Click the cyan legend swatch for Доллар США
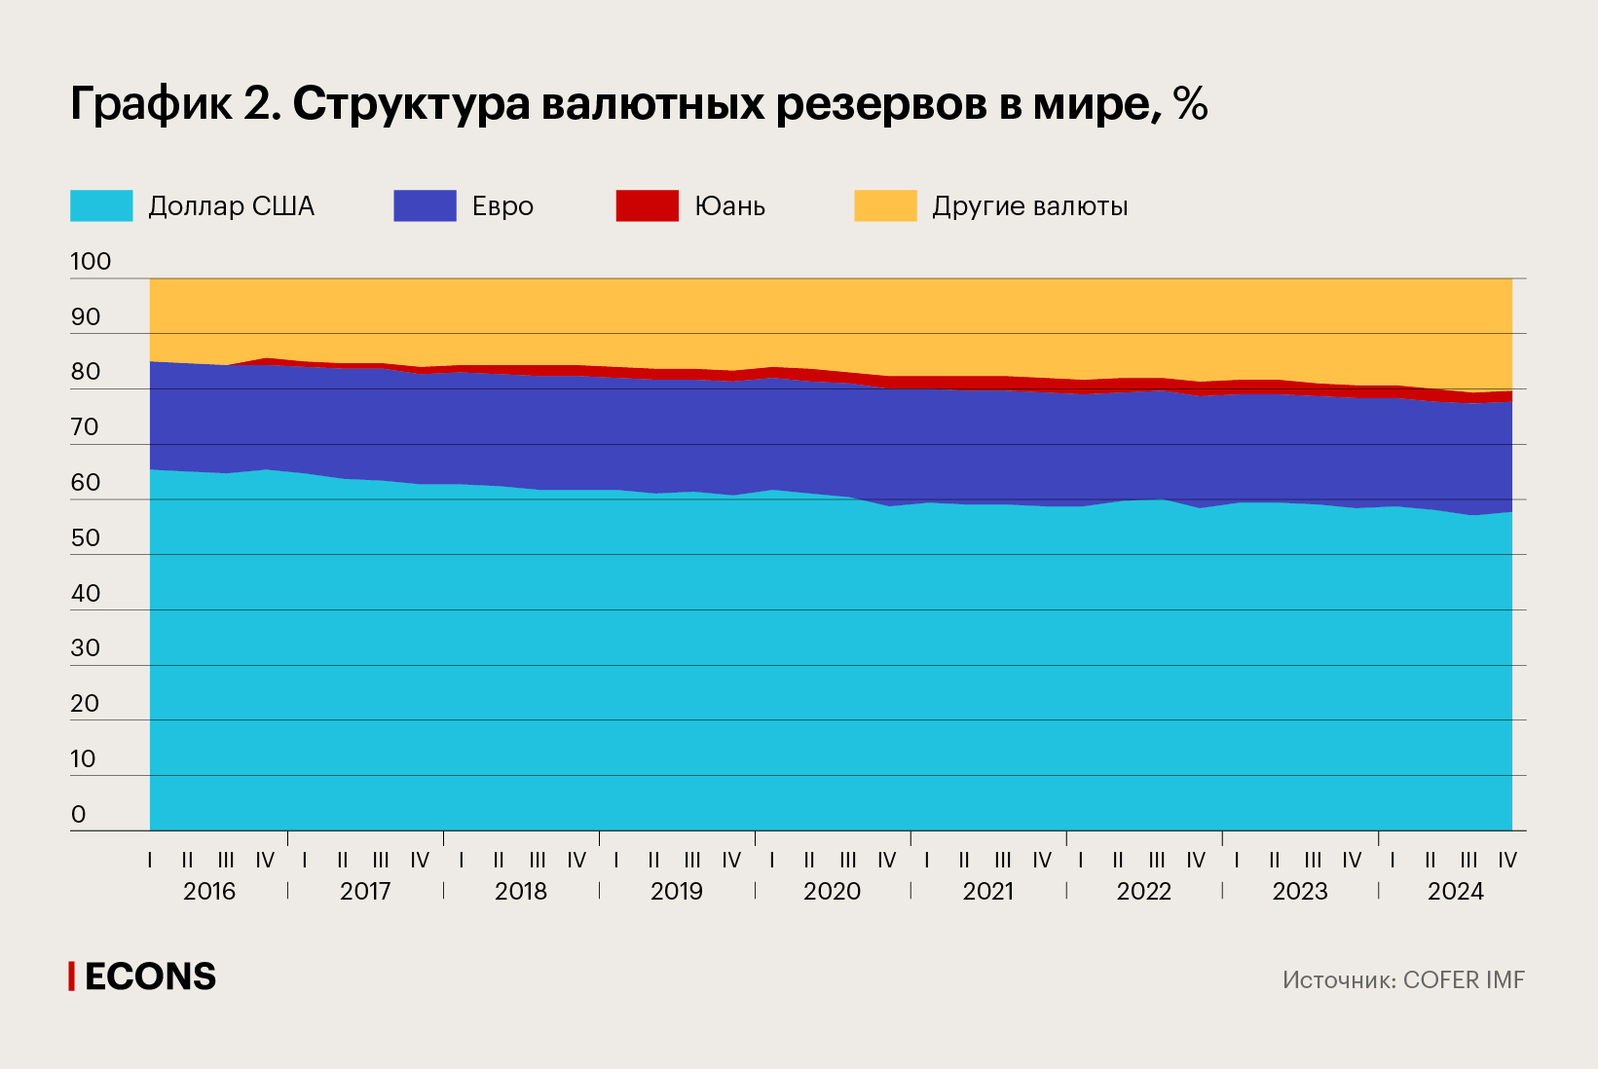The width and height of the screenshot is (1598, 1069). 101,205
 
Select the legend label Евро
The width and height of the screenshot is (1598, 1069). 502,206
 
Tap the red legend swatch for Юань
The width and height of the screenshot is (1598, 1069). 647,205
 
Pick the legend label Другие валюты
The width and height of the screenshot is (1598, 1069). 1029,206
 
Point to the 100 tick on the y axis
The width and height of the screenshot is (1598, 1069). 91,261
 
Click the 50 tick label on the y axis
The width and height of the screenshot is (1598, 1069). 86,537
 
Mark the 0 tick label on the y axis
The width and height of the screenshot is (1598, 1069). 79,814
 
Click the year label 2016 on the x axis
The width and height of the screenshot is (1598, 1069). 209,891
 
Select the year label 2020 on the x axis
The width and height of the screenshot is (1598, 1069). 832,891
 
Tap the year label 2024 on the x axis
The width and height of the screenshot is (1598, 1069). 1455,891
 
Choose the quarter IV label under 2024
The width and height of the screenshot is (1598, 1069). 1506,861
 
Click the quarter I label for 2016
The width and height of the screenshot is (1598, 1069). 150,861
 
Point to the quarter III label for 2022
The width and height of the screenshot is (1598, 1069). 1157,861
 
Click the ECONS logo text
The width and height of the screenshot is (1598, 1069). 150,977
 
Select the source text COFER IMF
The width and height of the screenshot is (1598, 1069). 1463,980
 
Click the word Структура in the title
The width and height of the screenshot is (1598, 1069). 411,103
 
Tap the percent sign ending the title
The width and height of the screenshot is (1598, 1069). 1190,103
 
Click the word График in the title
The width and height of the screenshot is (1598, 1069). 151,103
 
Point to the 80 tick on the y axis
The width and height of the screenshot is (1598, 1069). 86,371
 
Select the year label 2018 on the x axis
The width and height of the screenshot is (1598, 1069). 521,891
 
